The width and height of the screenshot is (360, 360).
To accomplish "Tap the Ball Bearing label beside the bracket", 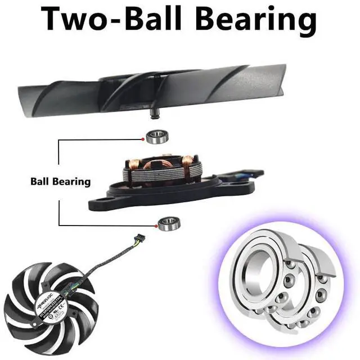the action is point(60,182).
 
